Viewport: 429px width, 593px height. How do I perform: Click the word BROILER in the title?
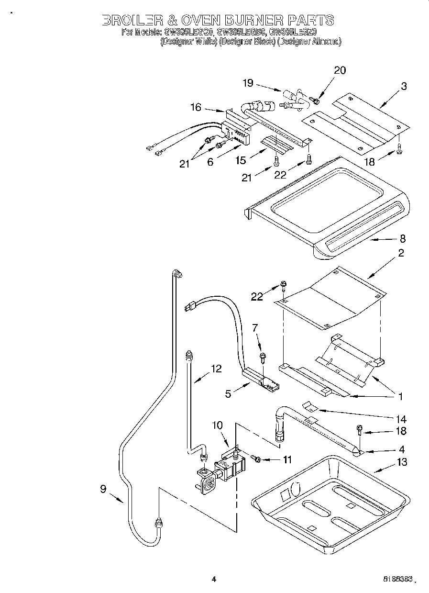[130, 20]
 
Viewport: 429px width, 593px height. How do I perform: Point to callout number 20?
[339, 70]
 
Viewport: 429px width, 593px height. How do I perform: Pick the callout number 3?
[404, 87]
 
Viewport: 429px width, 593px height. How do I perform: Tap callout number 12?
[216, 369]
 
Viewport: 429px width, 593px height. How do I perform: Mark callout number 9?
[103, 489]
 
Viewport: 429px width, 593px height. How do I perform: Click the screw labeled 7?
[263, 357]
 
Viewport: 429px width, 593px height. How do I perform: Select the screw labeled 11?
[256, 459]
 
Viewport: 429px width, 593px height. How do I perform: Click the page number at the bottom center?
[214, 580]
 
